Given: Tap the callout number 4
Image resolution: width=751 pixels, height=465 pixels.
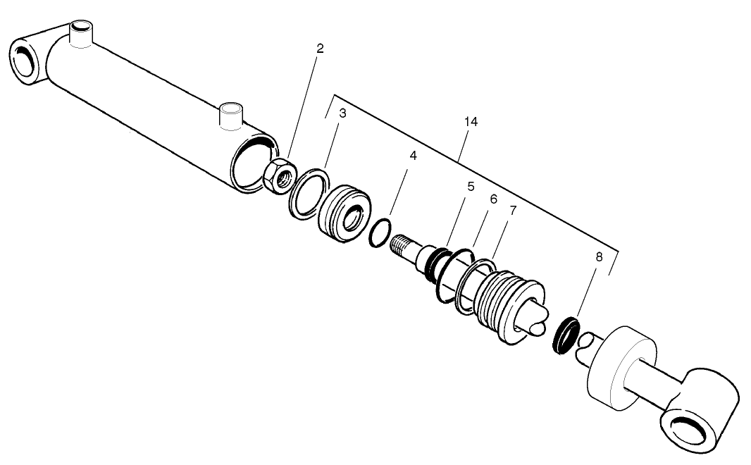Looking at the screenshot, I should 414,156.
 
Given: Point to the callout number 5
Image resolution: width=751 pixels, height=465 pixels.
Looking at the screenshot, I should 470,187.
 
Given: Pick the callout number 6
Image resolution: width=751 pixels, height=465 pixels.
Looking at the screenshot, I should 494,199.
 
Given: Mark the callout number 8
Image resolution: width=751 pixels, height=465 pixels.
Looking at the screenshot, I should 599,257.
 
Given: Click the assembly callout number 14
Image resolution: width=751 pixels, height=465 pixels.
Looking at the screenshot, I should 471,122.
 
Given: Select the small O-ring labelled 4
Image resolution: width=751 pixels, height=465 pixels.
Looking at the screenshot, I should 380,234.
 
